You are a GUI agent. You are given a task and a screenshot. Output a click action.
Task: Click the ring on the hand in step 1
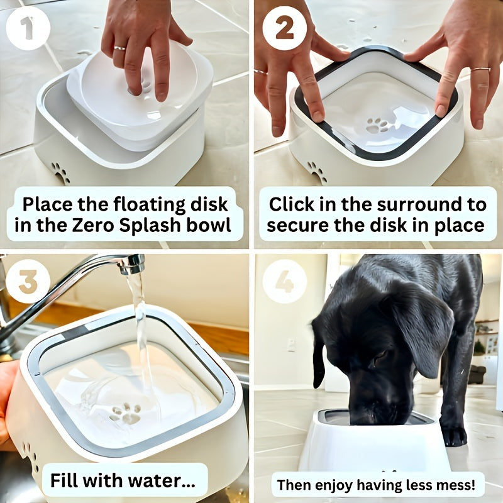pos(119,48)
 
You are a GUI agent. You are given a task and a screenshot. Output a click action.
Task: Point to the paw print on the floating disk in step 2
pos(378,125)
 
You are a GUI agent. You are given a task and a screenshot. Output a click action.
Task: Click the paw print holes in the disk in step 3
pos(125,413)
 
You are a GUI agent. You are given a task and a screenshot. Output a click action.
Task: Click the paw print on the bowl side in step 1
pos(61,172)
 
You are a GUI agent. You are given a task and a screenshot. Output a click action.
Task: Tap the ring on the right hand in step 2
pos(480,69)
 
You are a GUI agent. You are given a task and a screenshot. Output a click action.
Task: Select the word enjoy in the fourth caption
pos(341,485)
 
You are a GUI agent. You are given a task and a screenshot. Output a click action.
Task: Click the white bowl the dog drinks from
pos(375,446)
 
